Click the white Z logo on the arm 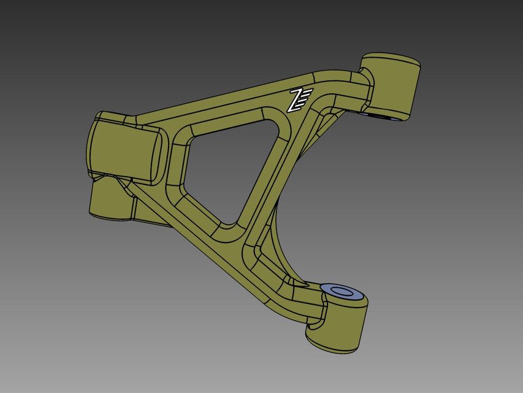coord(300,99)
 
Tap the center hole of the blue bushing coord(343,290)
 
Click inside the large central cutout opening coord(227,166)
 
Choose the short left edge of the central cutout coord(188,160)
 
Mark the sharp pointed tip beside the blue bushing coord(307,284)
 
